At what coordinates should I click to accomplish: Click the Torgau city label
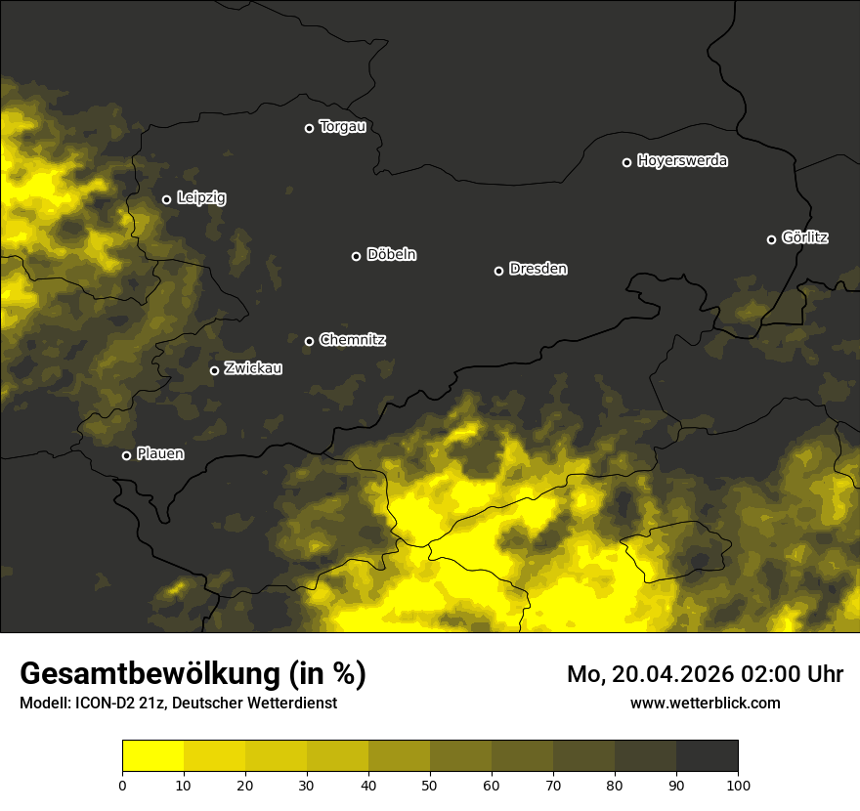point(342,127)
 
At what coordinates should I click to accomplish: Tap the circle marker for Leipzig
point(166,199)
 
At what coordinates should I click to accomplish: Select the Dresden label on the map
point(537,269)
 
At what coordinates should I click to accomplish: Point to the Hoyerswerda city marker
point(626,162)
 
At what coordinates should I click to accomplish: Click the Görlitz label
point(804,237)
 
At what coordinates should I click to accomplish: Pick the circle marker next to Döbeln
point(356,256)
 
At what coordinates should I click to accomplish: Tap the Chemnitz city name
point(352,340)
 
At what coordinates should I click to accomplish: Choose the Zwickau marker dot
point(214,370)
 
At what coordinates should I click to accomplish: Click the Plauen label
point(159,454)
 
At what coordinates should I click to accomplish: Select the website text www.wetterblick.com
point(705,703)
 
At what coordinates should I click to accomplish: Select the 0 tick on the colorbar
point(122,784)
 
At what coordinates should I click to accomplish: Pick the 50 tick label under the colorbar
point(430,784)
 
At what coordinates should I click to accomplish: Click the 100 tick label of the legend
point(738,784)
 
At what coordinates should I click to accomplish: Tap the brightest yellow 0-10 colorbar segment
point(152,756)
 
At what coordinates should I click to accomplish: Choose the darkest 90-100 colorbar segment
point(707,756)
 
